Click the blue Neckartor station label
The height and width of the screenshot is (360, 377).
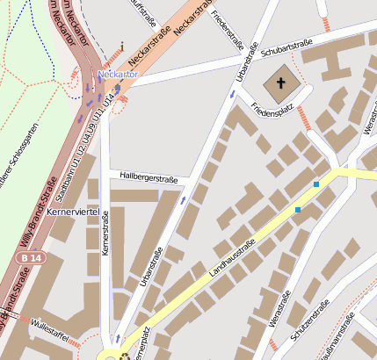[x=118, y=76]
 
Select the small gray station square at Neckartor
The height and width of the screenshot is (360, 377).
[x=117, y=88]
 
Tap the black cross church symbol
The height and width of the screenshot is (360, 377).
[x=282, y=84]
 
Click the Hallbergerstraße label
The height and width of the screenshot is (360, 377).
[x=149, y=178]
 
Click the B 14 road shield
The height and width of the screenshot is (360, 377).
[x=28, y=258]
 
